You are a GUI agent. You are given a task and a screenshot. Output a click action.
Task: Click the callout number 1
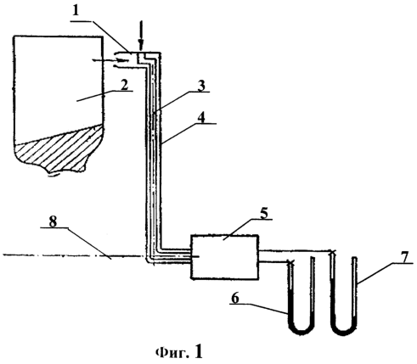click(x=75, y=11)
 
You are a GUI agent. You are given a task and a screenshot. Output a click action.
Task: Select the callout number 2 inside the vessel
click(x=125, y=85)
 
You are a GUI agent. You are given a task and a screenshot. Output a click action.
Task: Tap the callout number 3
click(x=201, y=86)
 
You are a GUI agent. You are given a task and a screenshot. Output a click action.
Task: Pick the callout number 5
click(x=263, y=213)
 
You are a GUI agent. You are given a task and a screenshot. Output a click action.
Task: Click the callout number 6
click(x=236, y=298)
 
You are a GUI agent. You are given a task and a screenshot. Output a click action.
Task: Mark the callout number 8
click(x=53, y=222)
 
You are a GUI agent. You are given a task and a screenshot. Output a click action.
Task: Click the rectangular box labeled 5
click(x=225, y=257)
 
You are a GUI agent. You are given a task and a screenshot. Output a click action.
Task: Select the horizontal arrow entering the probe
click(x=110, y=60)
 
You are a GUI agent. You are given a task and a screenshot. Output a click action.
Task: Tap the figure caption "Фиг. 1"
click(x=179, y=351)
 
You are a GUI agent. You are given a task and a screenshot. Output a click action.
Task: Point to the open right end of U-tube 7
click(x=354, y=258)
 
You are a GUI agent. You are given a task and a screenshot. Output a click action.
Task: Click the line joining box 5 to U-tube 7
click(x=296, y=250)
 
